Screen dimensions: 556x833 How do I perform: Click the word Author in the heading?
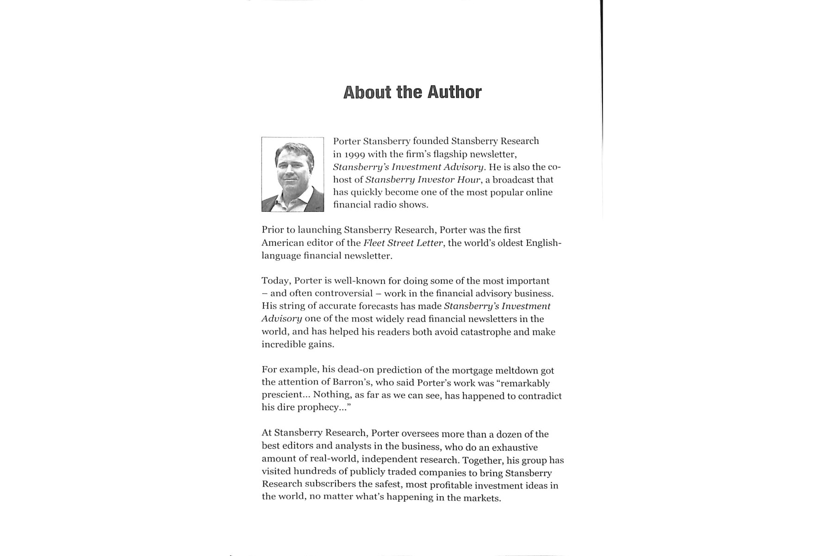[454, 92]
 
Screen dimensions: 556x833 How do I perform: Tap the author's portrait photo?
[292, 174]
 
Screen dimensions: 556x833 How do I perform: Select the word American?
[285, 243]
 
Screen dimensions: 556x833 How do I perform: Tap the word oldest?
[510, 243]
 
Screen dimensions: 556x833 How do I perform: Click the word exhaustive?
[515, 447]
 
